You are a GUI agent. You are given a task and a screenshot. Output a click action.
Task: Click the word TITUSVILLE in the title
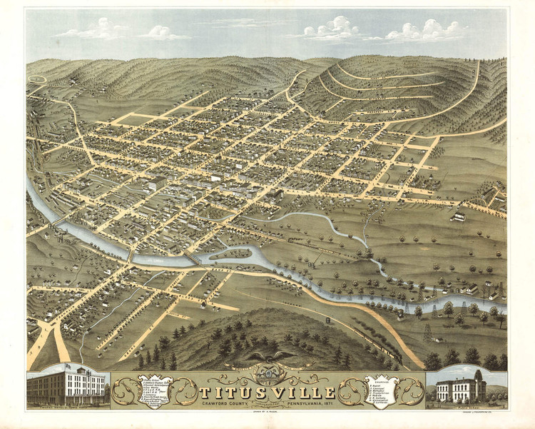(x=267, y=393)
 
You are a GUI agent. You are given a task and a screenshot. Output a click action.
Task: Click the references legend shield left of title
(x=156, y=390)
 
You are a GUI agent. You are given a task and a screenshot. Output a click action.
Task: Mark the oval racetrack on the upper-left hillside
(x=37, y=79)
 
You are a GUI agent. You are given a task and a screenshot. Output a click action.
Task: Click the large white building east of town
(x=459, y=216)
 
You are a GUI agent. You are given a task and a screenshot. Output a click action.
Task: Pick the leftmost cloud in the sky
(x=93, y=30)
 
